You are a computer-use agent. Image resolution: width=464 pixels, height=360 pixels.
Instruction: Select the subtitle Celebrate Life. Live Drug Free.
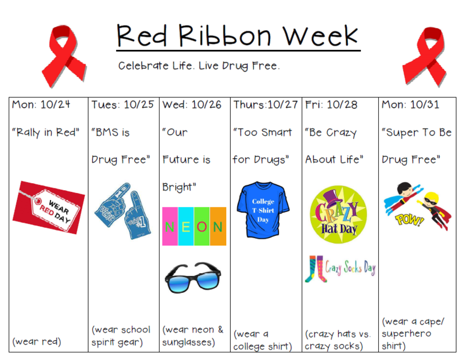click(x=199, y=66)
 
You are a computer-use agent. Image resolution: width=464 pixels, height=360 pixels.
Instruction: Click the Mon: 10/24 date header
click(x=41, y=104)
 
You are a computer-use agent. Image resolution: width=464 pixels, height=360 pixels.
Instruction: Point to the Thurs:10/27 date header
click(x=266, y=104)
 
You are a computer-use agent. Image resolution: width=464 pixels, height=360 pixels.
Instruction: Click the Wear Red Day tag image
click(x=49, y=206)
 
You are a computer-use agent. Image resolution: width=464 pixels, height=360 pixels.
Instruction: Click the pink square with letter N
click(x=170, y=226)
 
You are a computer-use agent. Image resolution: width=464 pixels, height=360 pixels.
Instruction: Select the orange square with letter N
click(x=218, y=226)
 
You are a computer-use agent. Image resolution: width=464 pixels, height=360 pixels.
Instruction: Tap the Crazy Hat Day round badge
click(x=338, y=212)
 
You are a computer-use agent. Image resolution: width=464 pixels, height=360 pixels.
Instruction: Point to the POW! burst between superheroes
click(x=409, y=220)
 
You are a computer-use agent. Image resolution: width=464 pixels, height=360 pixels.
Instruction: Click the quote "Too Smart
click(x=263, y=132)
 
